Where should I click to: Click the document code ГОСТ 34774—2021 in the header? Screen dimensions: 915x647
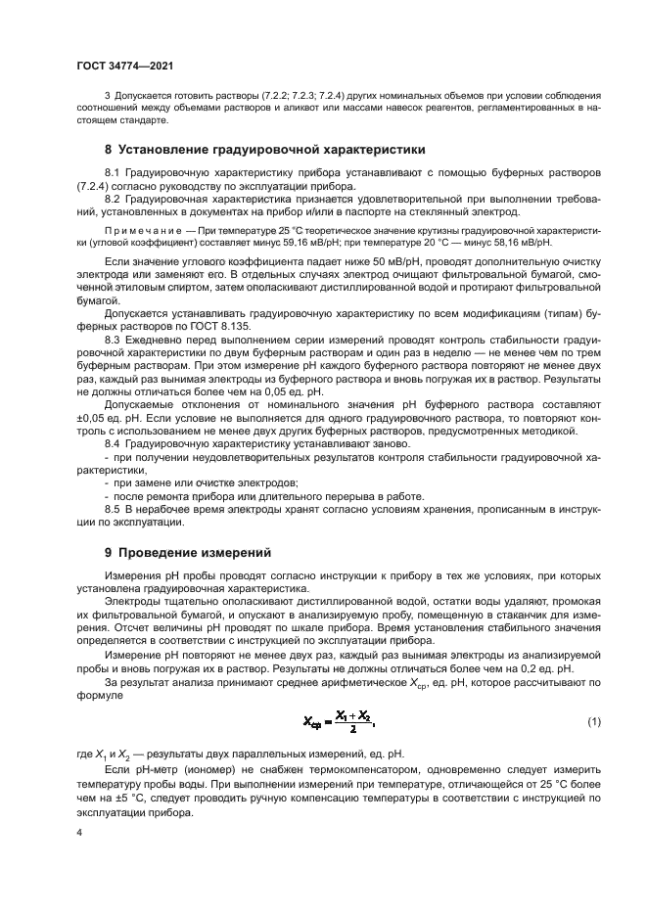[119, 65]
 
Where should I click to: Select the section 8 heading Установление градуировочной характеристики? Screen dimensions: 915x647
[264, 151]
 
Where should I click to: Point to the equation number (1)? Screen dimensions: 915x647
[593, 722]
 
